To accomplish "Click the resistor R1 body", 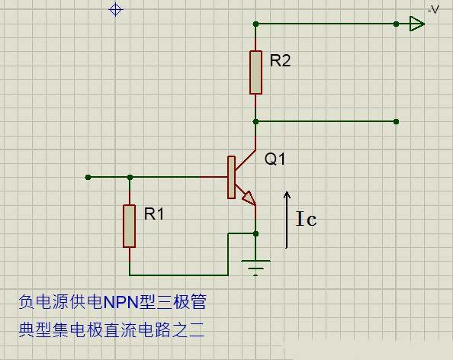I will [130, 226].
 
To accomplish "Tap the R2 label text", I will [280, 61].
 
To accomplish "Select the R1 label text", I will [154, 214].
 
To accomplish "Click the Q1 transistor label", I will [275, 159].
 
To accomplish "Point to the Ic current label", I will [307, 220].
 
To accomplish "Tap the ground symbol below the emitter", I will [256, 266].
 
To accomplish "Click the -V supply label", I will [433, 9].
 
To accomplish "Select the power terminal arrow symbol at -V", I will [416, 24].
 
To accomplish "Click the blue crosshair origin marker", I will [116, 9].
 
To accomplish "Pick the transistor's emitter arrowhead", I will [249, 198].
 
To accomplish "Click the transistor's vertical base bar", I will [230, 177].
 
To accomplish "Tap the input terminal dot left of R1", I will [88, 177].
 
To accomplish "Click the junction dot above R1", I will [130, 177].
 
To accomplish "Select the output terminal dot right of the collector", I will [397, 121].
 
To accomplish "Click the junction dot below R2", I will [257, 121].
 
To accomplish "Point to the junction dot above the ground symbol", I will [257, 233].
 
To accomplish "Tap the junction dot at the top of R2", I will [257, 24].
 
